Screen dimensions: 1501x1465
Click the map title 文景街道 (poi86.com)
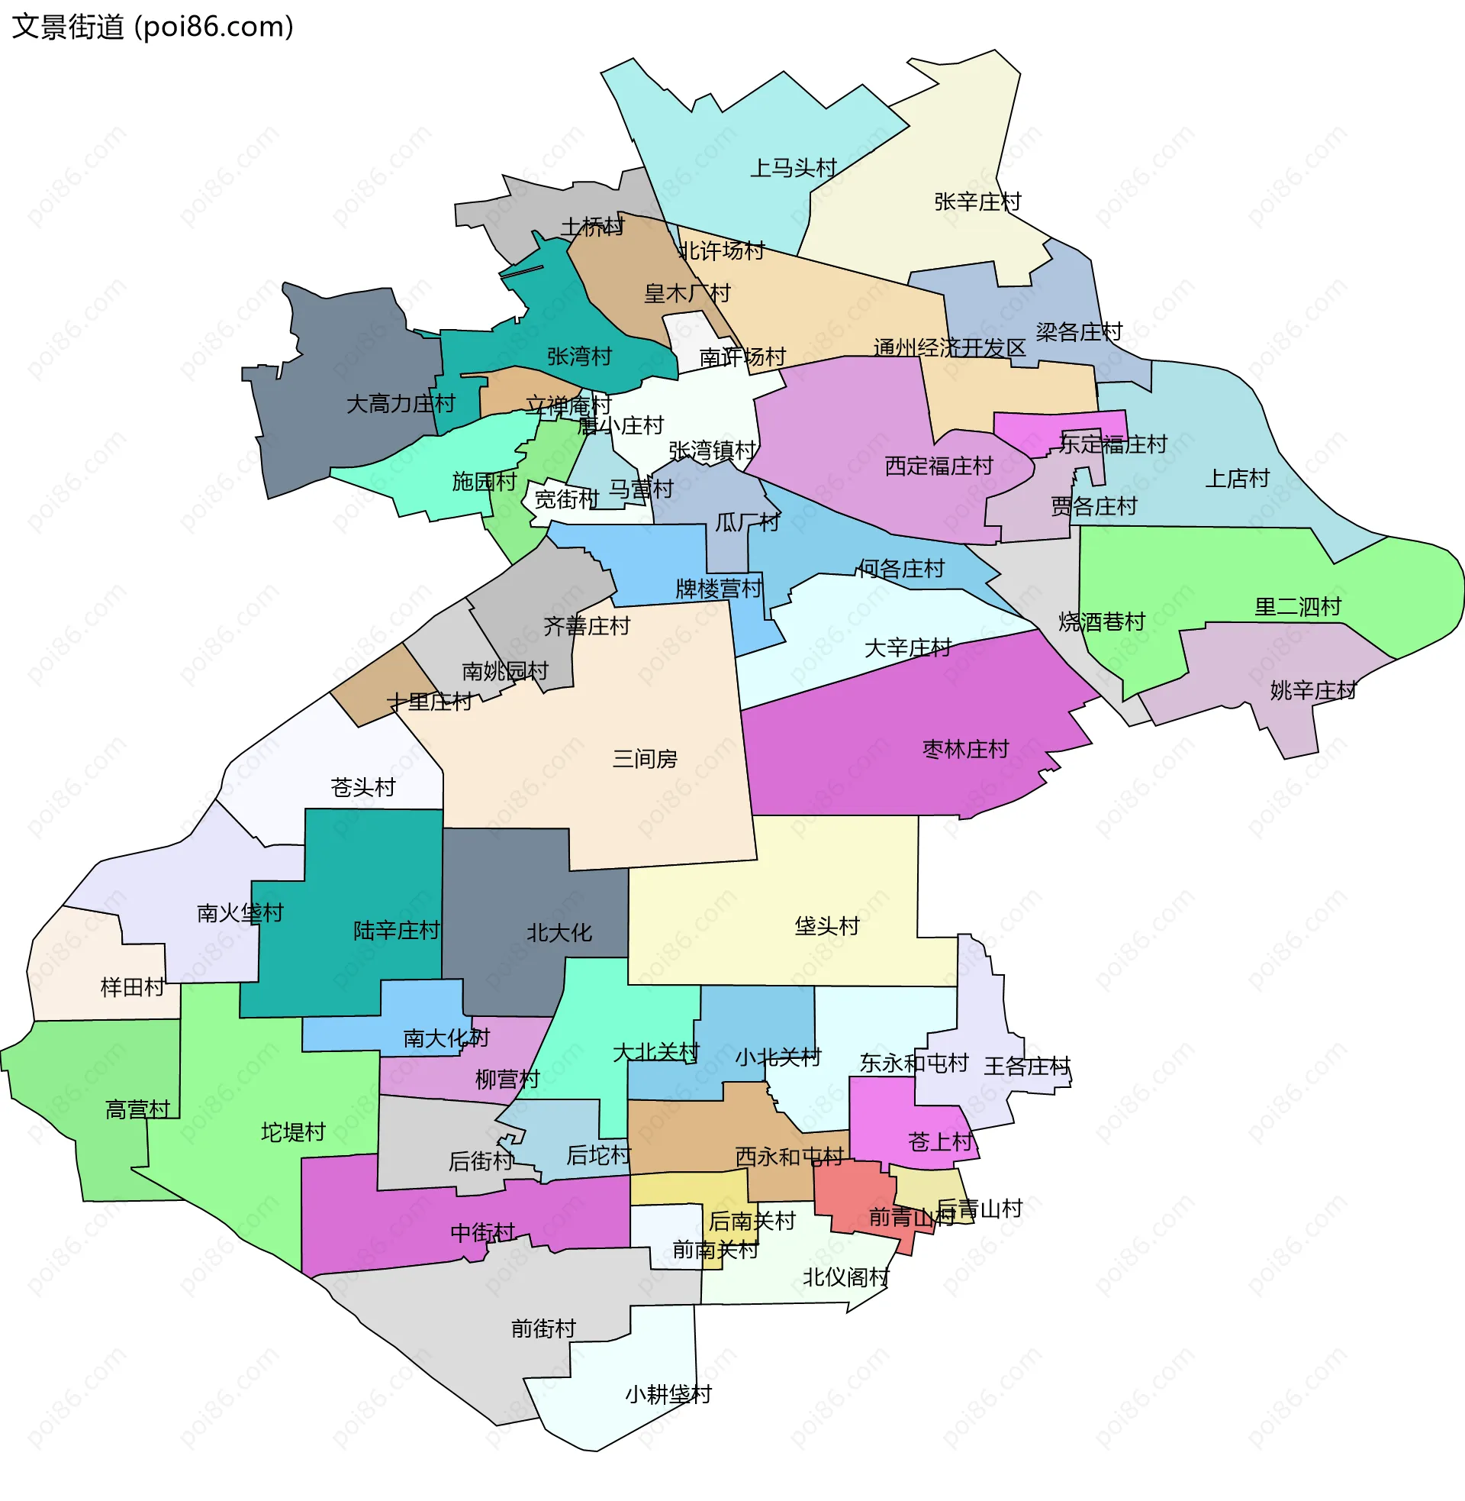pyautogui.click(x=153, y=27)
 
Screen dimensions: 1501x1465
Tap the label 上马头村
pyautogui.click(x=793, y=168)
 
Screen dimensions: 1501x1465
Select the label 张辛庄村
pyautogui.click(x=977, y=202)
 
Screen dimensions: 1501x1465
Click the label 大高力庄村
pyautogui.click(x=400, y=403)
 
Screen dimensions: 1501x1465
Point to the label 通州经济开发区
pyautogui.click(x=948, y=348)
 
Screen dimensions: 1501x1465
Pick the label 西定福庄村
pyautogui.click(x=939, y=466)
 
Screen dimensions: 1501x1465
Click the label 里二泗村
pyautogui.click(x=1297, y=606)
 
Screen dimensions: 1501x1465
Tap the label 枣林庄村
pyautogui.click(x=965, y=749)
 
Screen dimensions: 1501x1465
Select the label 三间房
pyautogui.click(x=645, y=759)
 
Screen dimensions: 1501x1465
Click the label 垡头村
pyautogui.click(x=826, y=926)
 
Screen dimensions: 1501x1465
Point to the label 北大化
pyautogui.click(x=559, y=933)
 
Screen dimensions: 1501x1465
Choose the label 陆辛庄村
pyautogui.click(x=396, y=931)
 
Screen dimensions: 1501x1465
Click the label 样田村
pyautogui.click(x=132, y=987)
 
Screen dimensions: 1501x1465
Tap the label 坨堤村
pyautogui.click(x=293, y=1132)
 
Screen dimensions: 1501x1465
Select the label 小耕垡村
pyautogui.click(x=668, y=1395)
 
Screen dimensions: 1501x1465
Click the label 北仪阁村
pyautogui.click(x=845, y=1278)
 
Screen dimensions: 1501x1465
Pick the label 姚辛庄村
pyautogui.click(x=1312, y=690)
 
